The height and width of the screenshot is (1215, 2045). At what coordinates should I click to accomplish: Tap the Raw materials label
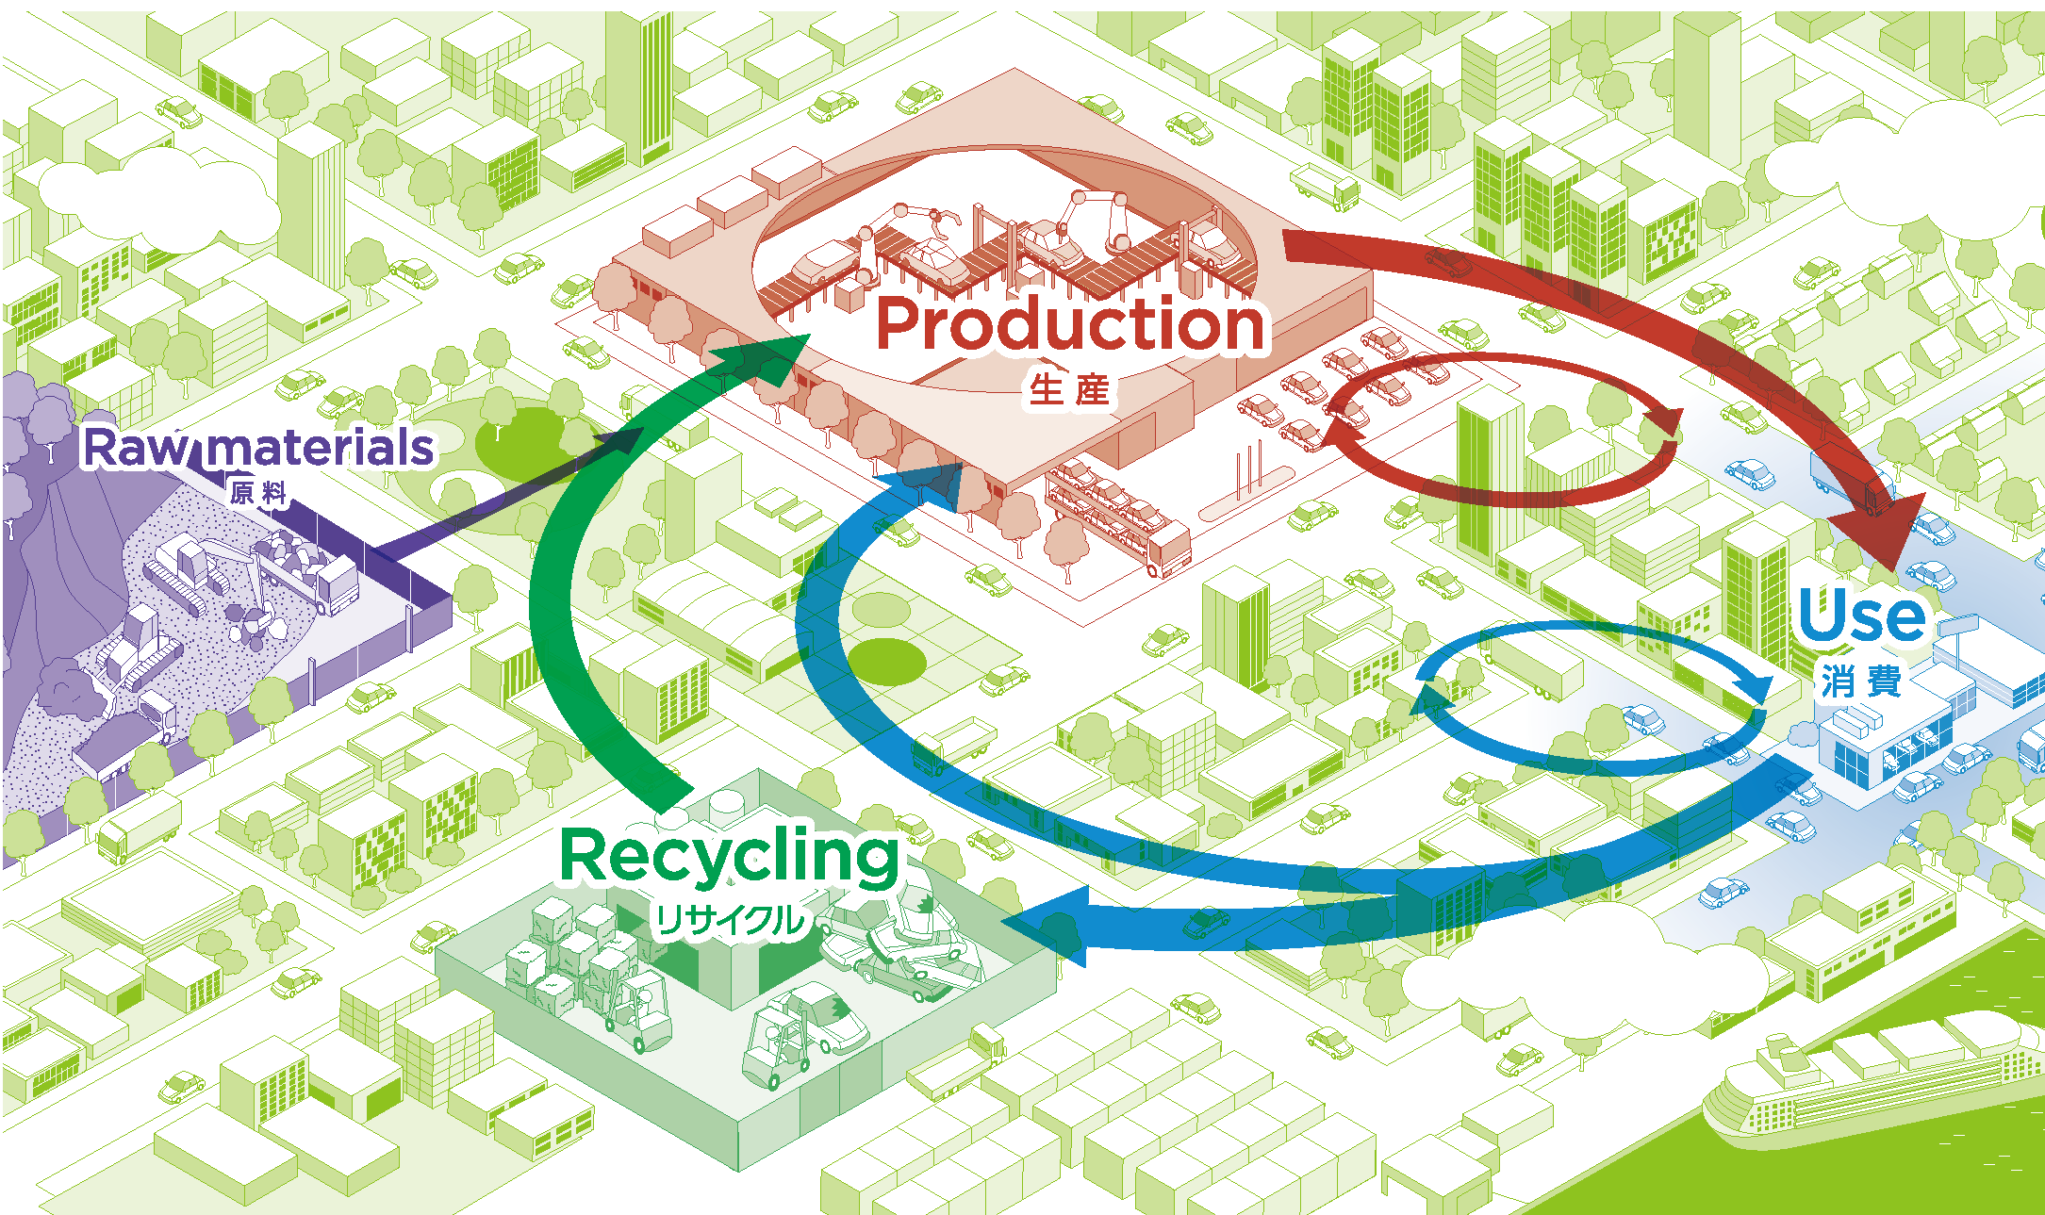point(258,448)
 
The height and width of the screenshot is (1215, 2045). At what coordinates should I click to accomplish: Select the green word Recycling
point(730,856)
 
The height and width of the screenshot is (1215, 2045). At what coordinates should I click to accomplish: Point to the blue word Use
point(1861,616)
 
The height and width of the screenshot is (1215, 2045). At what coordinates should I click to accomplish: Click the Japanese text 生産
point(1069,388)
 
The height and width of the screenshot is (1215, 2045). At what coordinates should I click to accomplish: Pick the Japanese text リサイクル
point(730,920)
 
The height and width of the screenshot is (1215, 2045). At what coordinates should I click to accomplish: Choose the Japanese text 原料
point(258,492)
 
